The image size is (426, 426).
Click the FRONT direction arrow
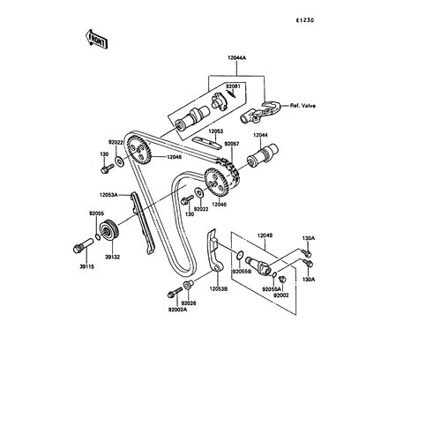[x=97, y=39]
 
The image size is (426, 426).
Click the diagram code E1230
[x=305, y=20]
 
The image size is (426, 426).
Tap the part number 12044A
[x=236, y=58]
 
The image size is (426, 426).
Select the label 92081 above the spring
[x=233, y=86]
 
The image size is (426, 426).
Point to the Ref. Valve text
[x=303, y=106]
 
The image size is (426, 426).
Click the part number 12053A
[x=108, y=195]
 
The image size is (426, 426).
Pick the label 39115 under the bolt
[x=87, y=266]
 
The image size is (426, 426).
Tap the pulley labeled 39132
[x=109, y=230]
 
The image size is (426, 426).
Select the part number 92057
[x=232, y=144]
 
